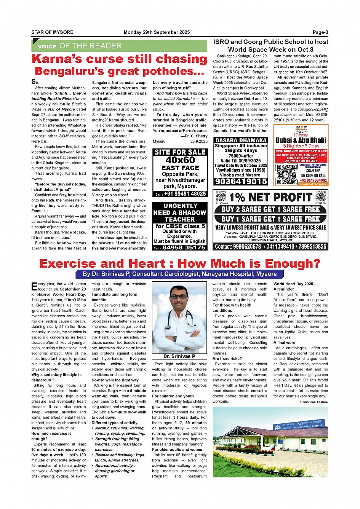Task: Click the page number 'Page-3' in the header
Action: coord(320,32)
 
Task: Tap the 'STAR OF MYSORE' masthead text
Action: coord(52,32)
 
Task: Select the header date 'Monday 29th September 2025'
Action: coord(157,32)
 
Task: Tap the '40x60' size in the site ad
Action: coord(180,160)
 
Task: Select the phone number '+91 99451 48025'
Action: coord(185,194)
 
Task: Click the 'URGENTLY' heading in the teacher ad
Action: coord(180,206)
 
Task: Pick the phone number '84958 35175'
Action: coord(184,247)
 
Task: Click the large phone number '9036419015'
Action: coord(241,182)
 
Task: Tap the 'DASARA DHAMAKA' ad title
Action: coord(241,140)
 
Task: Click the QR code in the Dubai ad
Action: coord(286,174)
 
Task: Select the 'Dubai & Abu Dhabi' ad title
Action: coord(301,140)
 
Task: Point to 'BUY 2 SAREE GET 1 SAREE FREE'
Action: coord(270,209)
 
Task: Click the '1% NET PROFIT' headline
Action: coord(270,197)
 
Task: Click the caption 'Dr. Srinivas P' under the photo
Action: coord(179,356)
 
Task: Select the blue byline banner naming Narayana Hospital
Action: coord(180,274)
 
